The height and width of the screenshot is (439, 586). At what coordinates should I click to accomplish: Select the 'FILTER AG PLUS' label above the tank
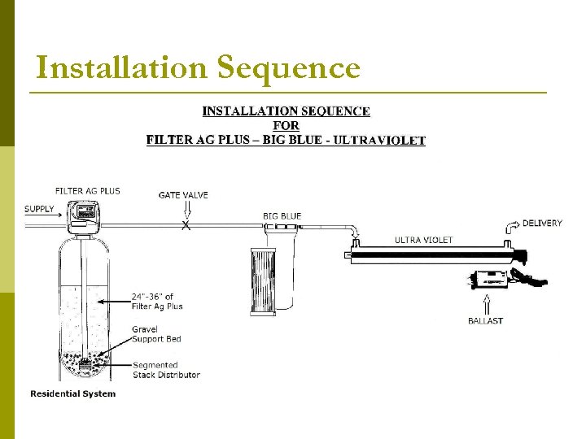[87, 191]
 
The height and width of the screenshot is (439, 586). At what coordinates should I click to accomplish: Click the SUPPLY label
[39, 209]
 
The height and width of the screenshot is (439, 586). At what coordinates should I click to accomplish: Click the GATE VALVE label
[183, 195]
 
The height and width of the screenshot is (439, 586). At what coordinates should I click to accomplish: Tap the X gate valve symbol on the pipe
[186, 225]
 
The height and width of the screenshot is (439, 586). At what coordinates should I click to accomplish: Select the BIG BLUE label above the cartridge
[282, 216]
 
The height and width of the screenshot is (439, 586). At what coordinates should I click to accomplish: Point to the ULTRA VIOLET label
[423, 240]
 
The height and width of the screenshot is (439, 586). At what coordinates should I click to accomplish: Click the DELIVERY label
[542, 224]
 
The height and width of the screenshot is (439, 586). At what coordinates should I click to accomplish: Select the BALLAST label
[485, 321]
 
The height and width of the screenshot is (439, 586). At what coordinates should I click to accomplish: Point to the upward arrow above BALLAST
[486, 303]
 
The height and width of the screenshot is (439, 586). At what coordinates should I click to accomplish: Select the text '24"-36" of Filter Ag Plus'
[157, 301]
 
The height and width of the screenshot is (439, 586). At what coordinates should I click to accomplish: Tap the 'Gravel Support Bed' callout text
[156, 334]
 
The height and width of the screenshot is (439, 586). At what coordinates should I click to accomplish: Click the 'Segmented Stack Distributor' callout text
[166, 370]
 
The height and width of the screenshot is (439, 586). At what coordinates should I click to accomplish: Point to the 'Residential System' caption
[73, 394]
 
